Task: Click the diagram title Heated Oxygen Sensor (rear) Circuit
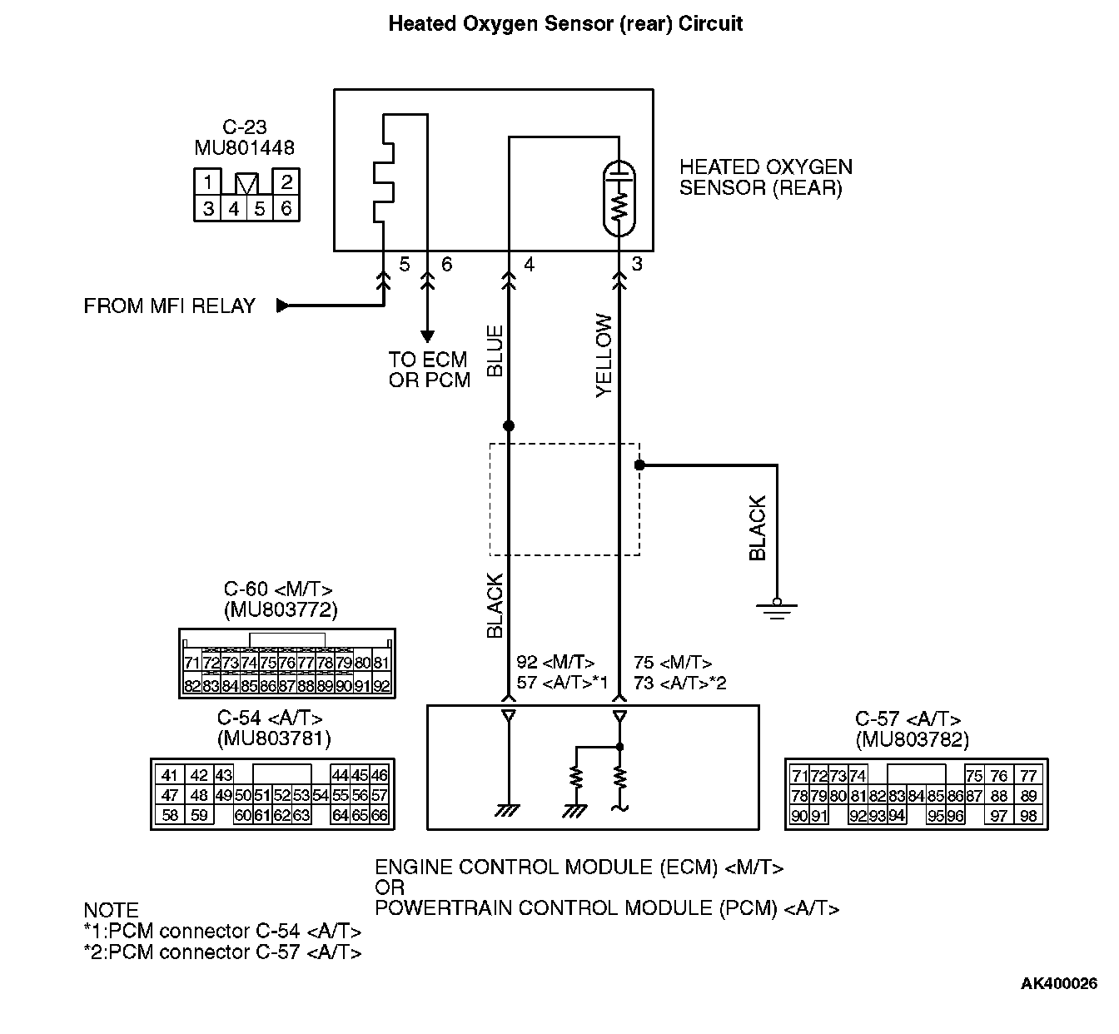[x=565, y=23]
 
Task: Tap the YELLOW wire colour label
[x=604, y=355]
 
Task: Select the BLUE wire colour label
[x=495, y=351]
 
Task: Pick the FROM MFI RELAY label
[x=169, y=306]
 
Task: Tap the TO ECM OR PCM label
[x=429, y=370]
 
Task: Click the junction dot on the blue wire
[x=509, y=425]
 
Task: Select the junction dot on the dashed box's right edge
[x=639, y=465]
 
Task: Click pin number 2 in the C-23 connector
[x=286, y=182]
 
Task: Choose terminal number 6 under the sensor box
[x=447, y=265]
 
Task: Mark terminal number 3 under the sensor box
[x=637, y=265]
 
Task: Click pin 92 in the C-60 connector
[x=381, y=686]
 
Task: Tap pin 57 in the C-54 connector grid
[x=380, y=795]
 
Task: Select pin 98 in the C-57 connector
[x=1028, y=816]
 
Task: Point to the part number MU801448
[x=244, y=147]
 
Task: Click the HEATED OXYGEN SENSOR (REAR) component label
[x=765, y=177]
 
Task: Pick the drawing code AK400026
[x=1059, y=984]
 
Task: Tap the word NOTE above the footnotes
[x=111, y=910]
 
